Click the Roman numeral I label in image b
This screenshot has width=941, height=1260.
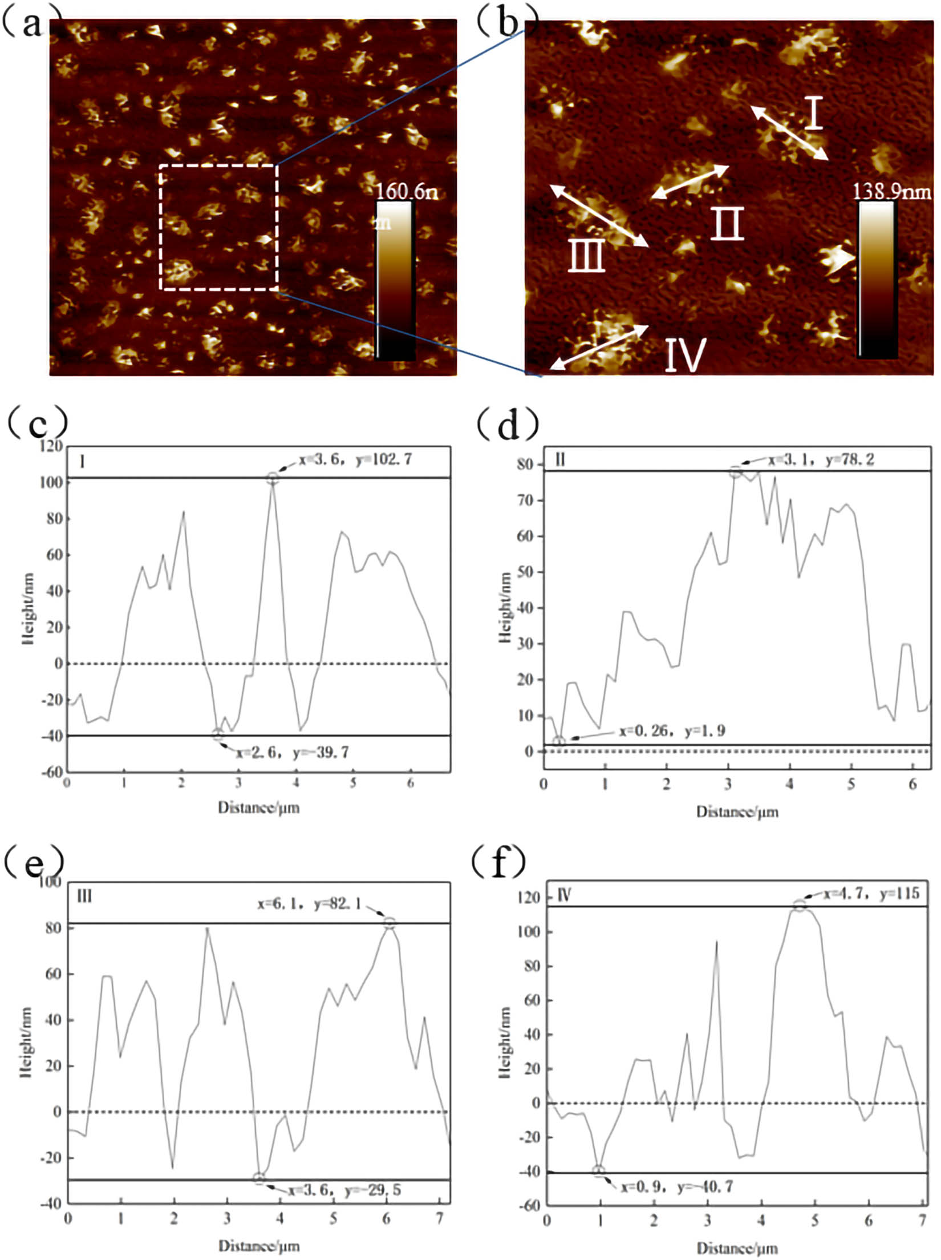pyautogui.click(x=815, y=112)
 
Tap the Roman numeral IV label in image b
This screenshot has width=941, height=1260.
pyautogui.click(x=686, y=354)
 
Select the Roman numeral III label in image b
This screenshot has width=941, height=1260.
pyautogui.click(x=586, y=255)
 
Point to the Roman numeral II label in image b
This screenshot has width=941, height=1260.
pyautogui.click(x=727, y=223)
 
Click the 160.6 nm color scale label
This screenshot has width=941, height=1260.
pyautogui.click(x=406, y=192)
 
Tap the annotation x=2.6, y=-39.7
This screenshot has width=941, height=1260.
pyautogui.click(x=293, y=753)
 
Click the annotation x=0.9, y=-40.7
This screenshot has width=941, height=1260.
pyautogui.click(x=677, y=1186)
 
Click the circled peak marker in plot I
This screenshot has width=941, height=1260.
pyautogui.click(x=273, y=479)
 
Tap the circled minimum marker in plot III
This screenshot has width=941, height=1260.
pyautogui.click(x=259, y=1178)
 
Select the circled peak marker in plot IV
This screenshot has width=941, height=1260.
pyautogui.click(x=800, y=906)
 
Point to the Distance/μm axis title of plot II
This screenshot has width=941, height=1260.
pyautogui.click(x=737, y=811)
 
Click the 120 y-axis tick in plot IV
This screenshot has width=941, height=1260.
pyautogui.click(x=528, y=898)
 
